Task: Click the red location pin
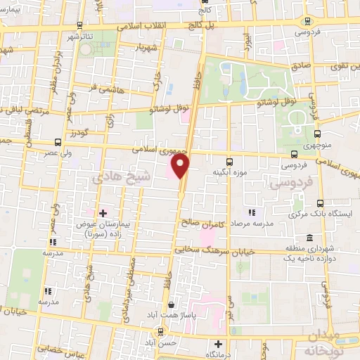[x=181, y=165]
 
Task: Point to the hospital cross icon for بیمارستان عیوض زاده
[x=103, y=212]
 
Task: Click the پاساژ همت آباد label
[x=171, y=316]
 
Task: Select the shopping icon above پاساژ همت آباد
[x=171, y=305]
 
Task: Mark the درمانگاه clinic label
[x=219, y=355]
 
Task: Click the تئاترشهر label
[x=77, y=35]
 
